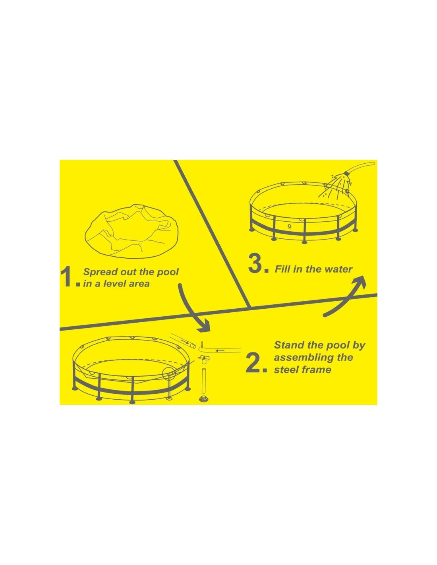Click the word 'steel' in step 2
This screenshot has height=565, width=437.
tap(286, 370)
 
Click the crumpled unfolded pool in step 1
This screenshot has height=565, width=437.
tap(131, 231)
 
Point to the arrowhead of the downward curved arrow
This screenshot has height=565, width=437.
tap(204, 326)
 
